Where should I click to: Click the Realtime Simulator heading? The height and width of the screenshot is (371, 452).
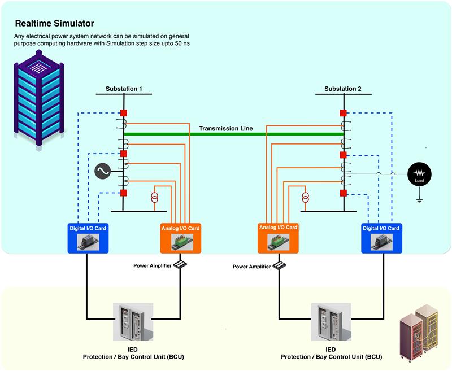click(54, 24)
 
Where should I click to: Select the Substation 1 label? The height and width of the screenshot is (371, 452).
click(124, 89)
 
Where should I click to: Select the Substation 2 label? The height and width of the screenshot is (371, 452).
click(343, 89)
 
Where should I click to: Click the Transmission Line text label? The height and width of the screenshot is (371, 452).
click(225, 129)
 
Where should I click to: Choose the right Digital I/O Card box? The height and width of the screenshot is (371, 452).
click(380, 237)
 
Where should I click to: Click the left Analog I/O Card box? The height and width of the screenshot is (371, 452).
click(180, 237)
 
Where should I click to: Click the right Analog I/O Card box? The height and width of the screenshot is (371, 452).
click(278, 237)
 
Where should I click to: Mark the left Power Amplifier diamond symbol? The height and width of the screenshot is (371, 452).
click(180, 264)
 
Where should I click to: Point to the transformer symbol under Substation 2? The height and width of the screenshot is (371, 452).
click(306, 198)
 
